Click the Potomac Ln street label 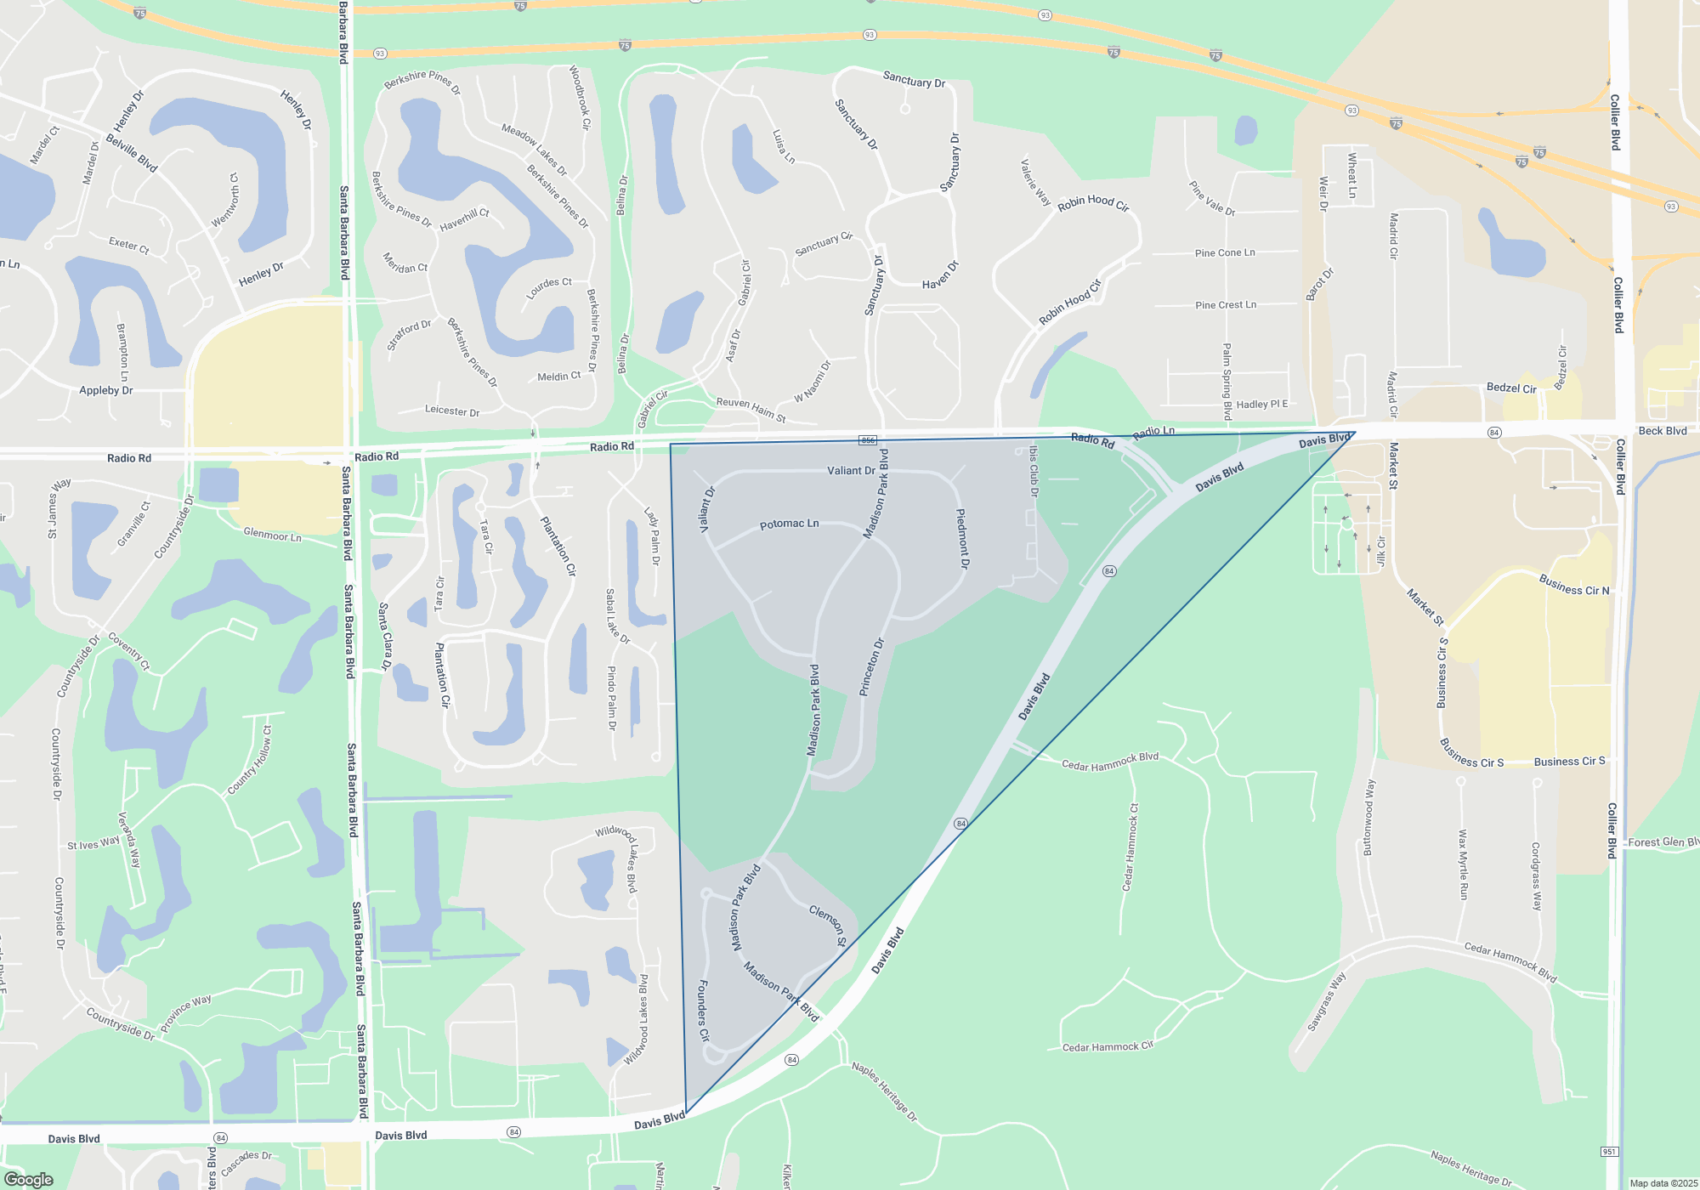point(789,524)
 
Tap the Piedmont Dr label point(961,539)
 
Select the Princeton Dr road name point(872,667)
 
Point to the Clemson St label point(827,926)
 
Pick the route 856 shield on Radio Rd point(867,440)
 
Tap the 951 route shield point(1609,1152)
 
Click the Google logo point(29,1179)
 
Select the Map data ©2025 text point(1663,1183)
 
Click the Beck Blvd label point(1662,431)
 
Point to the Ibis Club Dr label point(1033,470)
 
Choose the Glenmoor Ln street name point(272,535)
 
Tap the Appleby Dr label point(105,391)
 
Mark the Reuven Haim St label point(751,409)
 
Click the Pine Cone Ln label point(1224,252)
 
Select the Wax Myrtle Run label point(1463,864)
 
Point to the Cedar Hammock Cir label point(1108,1046)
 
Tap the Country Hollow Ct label point(249,761)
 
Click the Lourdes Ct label point(549,287)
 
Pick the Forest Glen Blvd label point(1663,842)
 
